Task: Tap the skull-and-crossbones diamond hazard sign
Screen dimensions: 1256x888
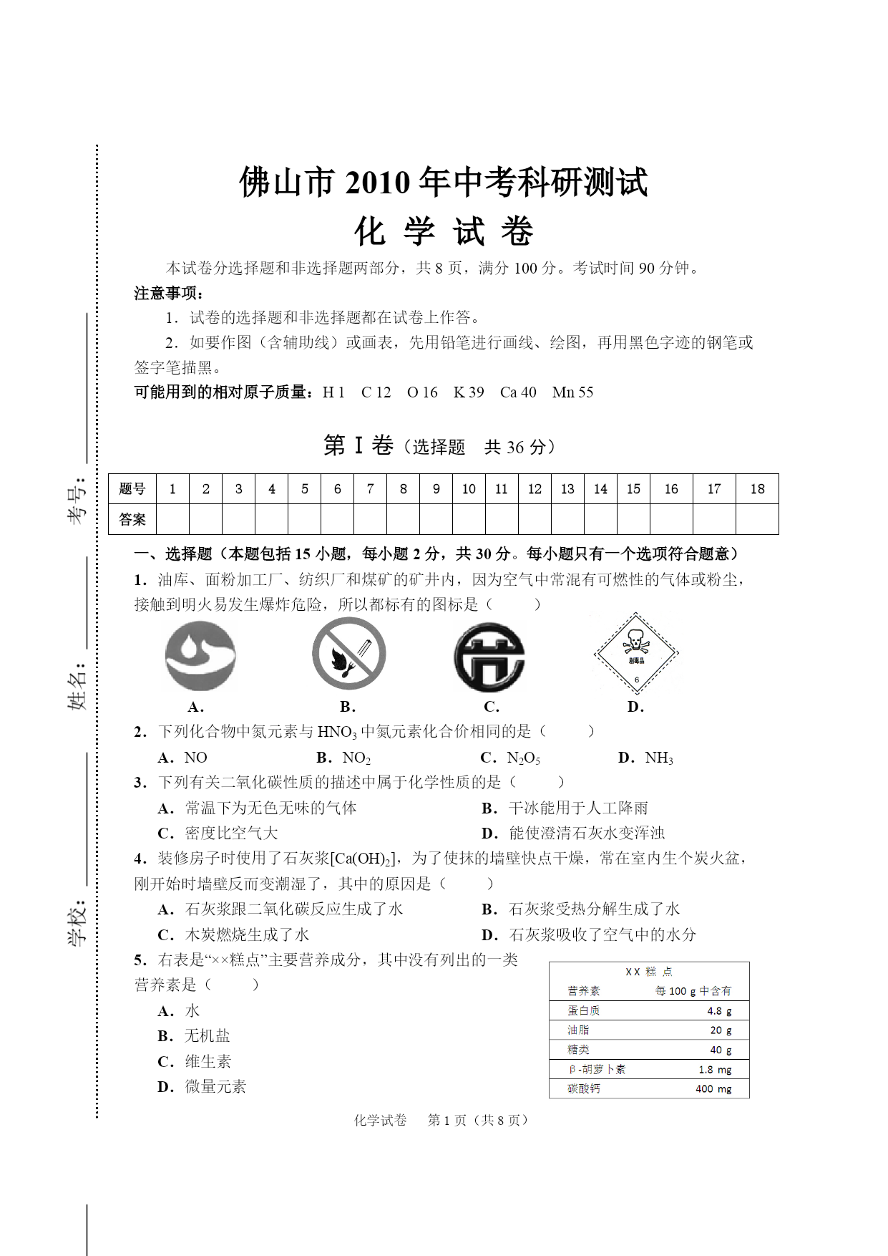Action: point(635,653)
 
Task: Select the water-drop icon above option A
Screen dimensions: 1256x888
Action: point(200,655)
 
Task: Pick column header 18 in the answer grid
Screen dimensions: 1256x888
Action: point(757,489)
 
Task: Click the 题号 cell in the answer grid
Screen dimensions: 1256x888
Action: point(132,489)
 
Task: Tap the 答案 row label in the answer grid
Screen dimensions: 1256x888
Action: point(132,519)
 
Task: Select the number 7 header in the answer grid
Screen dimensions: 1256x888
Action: point(370,489)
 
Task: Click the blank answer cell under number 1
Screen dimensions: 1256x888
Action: point(172,519)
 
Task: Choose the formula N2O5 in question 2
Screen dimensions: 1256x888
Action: point(523,758)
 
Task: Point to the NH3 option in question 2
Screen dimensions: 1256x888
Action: point(658,758)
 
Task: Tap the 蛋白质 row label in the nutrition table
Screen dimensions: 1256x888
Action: point(584,1010)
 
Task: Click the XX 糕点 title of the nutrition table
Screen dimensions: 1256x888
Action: point(648,972)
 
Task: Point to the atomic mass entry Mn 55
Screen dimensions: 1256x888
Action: point(572,392)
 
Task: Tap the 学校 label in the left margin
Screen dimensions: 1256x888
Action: point(77,923)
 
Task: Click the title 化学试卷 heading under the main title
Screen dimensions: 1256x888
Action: point(444,231)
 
